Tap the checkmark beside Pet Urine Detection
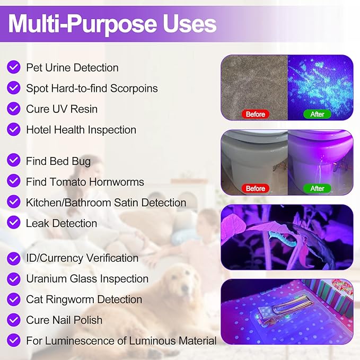(x=14, y=67)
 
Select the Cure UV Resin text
(x=62, y=109)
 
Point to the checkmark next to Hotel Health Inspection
(x=14, y=129)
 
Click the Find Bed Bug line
(x=58, y=161)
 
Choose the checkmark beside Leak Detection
(x=14, y=223)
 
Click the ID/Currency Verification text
(x=82, y=258)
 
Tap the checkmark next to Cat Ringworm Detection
(x=14, y=300)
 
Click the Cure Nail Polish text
(x=64, y=320)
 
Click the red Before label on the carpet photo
(x=255, y=114)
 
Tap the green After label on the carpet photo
(x=317, y=114)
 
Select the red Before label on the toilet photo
(x=255, y=188)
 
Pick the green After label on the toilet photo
(x=317, y=188)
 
